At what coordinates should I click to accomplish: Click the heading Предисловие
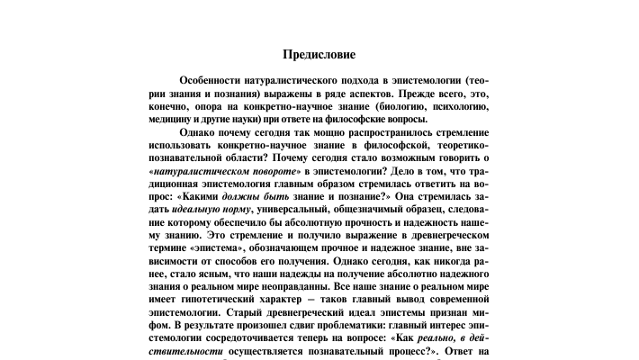click(x=319, y=55)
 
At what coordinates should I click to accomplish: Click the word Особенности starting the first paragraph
click(x=213, y=80)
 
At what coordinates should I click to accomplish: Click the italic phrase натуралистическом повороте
click(x=225, y=169)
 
